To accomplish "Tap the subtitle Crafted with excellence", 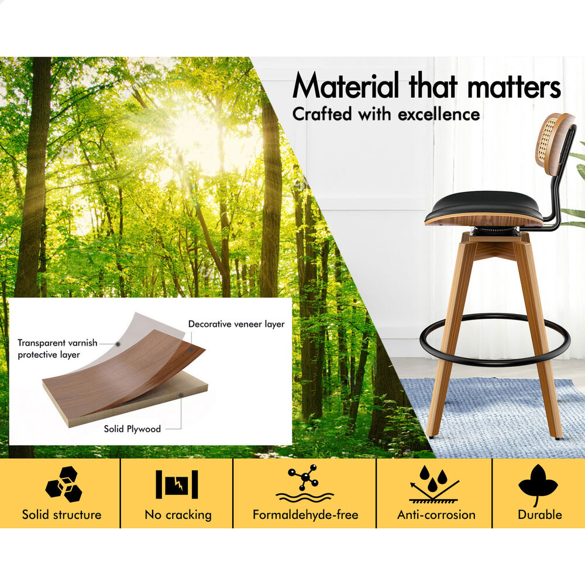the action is coord(386,114).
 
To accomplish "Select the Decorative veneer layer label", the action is coord(236,324).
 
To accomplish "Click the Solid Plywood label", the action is coord(132,429).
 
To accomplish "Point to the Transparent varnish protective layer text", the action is coord(57,349).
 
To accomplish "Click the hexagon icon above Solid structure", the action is coord(63,484).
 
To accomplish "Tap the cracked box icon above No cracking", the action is coord(177,484).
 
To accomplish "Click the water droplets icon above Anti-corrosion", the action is coord(433,484).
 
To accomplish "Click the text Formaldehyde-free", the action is coord(305,515).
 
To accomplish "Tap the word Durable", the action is coord(540,515).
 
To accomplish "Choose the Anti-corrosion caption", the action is coord(436,515).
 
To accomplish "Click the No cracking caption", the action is coord(178,515).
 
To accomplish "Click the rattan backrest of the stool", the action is coord(552,139).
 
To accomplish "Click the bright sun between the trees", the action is coord(185,129).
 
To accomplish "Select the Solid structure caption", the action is coord(62,515).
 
